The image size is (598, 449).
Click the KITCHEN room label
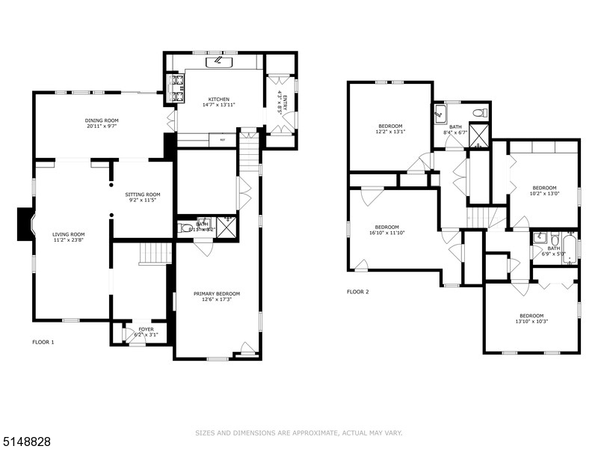click(x=219, y=100)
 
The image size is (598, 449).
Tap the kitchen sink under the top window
click(x=219, y=61)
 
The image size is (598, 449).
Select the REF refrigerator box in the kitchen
click(x=222, y=139)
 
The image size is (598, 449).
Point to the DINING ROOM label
click(x=101, y=120)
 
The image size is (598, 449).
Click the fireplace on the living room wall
click(x=24, y=224)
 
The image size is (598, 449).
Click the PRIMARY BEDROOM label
click(x=217, y=293)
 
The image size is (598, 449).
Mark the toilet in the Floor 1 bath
click(x=187, y=228)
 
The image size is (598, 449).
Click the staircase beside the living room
click(x=155, y=254)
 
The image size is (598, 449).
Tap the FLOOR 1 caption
click(x=43, y=342)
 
